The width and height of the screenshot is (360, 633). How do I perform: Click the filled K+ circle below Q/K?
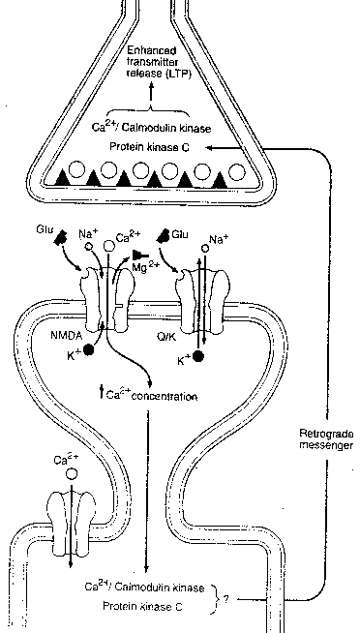point(199,357)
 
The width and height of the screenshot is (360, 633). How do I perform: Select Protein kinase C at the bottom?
point(140,606)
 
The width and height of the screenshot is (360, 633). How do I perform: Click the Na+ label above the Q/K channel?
point(215,239)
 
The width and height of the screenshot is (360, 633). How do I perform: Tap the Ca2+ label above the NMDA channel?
point(128,235)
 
